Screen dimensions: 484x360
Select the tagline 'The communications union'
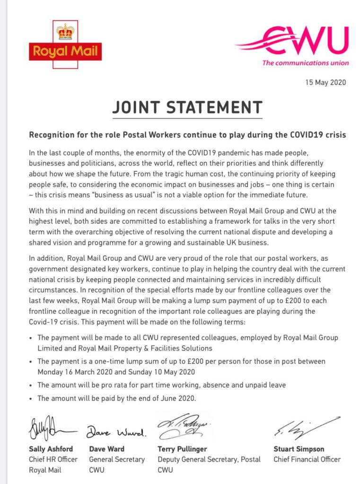coord(306,63)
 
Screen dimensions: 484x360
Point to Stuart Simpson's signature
coord(303,429)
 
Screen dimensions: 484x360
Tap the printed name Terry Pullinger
coord(183,449)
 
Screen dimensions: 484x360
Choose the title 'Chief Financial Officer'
coord(307,459)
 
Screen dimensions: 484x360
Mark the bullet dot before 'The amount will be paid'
coord(31,399)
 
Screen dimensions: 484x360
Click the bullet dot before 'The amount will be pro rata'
coord(31,385)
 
